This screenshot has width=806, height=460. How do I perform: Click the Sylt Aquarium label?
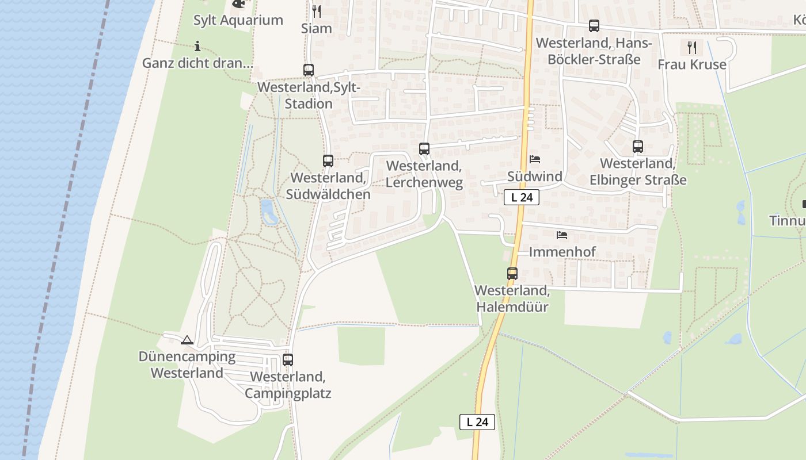pyautogui.click(x=238, y=20)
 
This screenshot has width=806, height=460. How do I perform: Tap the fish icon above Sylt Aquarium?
pyautogui.click(x=238, y=3)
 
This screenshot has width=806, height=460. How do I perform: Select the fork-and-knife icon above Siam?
pyautogui.click(x=316, y=11)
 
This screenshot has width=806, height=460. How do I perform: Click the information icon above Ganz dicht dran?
pyautogui.click(x=197, y=46)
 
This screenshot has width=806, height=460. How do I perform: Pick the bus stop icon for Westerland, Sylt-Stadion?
pyautogui.click(x=309, y=70)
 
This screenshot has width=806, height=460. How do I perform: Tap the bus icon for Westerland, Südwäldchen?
pyautogui.click(x=328, y=161)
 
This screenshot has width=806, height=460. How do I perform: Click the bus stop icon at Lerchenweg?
pyautogui.click(x=424, y=149)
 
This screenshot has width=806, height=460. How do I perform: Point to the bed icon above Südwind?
pyautogui.click(x=535, y=159)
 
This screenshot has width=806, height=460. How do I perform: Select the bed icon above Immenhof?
pyautogui.click(x=562, y=235)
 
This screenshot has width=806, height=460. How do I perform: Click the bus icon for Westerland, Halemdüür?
pyautogui.click(x=512, y=274)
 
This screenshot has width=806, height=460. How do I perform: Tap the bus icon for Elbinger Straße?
pyautogui.click(x=638, y=147)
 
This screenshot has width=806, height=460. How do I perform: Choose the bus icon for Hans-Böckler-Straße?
pyautogui.click(x=594, y=26)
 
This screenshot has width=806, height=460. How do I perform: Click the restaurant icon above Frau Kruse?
pyautogui.click(x=692, y=47)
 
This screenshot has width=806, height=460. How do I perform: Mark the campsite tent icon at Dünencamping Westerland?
pyautogui.click(x=187, y=340)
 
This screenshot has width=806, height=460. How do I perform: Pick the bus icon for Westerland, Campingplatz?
pyautogui.click(x=288, y=360)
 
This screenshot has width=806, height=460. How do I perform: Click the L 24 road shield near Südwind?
pyautogui.click(x=522, y=197)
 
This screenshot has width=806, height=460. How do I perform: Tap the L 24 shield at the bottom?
pyautogui.click(x=477, y=421)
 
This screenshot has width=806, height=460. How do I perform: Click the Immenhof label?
pyautogui.click(x=562, y=252)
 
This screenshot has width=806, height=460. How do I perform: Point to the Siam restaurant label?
pyautogui.click(x=316, y=28)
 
